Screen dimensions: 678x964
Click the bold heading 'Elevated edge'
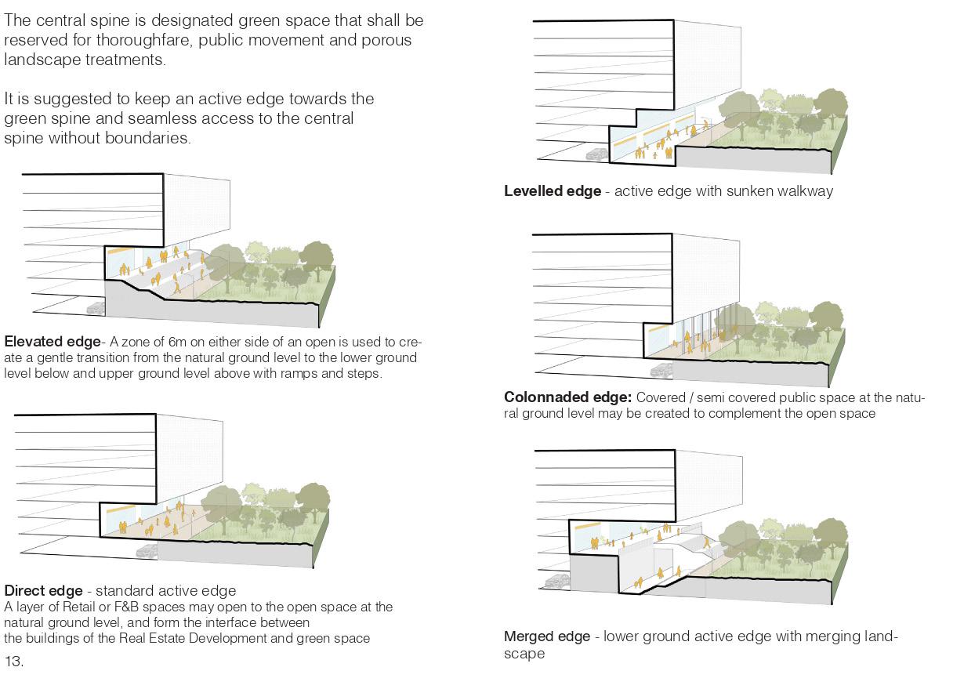point(53,343)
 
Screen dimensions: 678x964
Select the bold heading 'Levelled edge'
point(553,191)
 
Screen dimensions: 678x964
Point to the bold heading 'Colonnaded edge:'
point(567,397)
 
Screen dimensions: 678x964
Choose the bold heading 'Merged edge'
point(546,636)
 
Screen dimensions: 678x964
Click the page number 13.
point(13,662)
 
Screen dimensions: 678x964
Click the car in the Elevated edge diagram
point(96,308)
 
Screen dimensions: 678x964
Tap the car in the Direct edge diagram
point(147,550)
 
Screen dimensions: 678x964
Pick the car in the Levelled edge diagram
point(596,154)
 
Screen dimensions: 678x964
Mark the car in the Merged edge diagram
point(557,581)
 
